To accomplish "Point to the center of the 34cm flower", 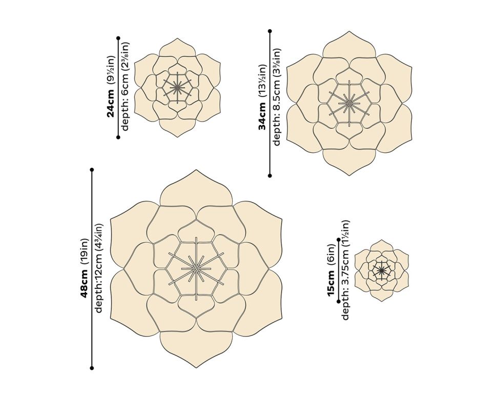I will tap(348, 103).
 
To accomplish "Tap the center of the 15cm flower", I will tap(381, 270).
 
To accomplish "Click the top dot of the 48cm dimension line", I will tap(92, 169).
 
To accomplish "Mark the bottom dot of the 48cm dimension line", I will tap(92, 368).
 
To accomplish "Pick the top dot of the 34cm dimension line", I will tap(270, 31).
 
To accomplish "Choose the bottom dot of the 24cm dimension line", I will tap(118, 137).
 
